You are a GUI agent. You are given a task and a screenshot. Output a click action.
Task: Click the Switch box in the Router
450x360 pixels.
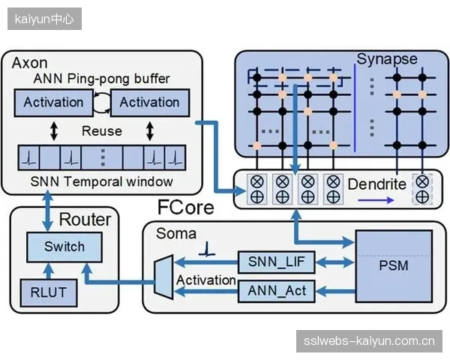pyautogui.click(x=64, y=247)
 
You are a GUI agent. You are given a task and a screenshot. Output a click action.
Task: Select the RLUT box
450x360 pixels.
pyautogui.click(x=49, y=292)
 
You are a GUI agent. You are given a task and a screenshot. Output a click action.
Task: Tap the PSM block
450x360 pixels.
pyautogui.click(x=394, y=266)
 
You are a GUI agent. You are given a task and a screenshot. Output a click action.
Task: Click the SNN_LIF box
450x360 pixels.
pyautogui.click(x=276, y=262)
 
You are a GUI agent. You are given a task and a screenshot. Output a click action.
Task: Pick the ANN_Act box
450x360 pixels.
pyautogui.click(x=276, y=291)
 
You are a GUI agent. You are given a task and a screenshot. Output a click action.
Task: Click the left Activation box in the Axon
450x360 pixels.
pyautogui.click(x=54, y=103)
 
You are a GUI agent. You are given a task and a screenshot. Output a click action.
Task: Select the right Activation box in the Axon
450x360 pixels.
pyautogui.click(x=150, y=103)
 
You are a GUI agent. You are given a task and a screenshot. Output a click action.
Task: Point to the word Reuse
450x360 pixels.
pyautogui.click(x=102, y=131)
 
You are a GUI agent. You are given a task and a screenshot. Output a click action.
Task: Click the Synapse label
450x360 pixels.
pyautogui.click(x=387, y=59)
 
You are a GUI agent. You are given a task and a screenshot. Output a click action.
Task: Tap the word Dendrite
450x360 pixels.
pyautogui.click(x=376, y=184)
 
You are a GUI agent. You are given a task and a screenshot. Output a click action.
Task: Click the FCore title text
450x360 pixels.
pyautogui.click(x=186, y=208)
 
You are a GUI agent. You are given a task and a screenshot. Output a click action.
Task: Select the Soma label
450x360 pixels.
pyautogui.click(x=176, y=233)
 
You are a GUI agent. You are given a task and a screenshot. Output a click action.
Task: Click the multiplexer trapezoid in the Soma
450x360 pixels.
pyautogui.click(x=163, y=277)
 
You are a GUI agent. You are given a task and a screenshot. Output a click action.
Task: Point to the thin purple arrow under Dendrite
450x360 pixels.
pyautogui.click(x=376, y=200)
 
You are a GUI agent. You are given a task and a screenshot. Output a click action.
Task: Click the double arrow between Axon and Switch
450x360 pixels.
pyautogui.click(x=47, y=211)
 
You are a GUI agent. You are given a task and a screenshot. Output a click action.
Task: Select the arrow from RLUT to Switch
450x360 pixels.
pyautogui.click(x=49, y=271)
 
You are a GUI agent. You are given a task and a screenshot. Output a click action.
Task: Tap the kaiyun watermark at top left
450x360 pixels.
pyautogui.click(x=44, y=19)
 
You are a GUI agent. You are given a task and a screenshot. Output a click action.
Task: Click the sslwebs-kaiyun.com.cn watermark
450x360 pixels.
pyautogui.click(x=369, y=341)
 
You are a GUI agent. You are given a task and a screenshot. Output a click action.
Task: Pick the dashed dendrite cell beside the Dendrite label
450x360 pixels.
pyautogui.click(x=422, y=189)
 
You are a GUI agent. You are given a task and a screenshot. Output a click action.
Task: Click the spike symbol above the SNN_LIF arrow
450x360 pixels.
pyautogui.click(x=207, y=249)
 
